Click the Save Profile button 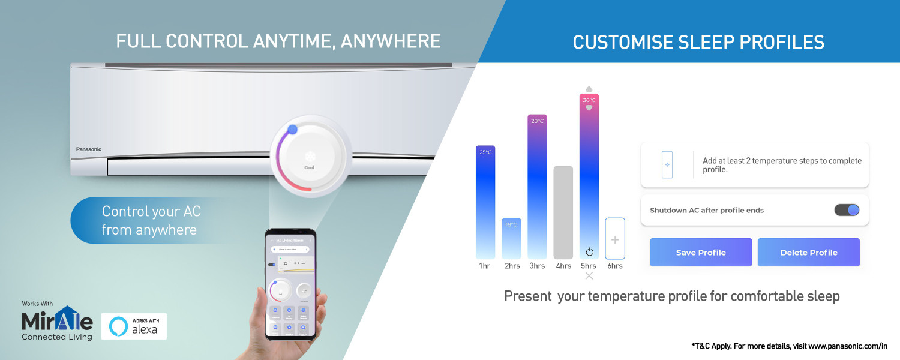pos(701,253)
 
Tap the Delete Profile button pos(808,253)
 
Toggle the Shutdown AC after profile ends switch pos(847,210)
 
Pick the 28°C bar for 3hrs pos(537,187)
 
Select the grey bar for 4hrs pos(563,212)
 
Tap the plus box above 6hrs pos(615,239)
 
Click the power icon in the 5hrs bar pos(589,251)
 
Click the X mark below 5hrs pos(589,276)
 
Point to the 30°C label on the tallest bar pos(589,100)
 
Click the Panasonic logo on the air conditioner pos(89,149)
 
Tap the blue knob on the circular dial pos(292,130)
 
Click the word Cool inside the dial pos(310,167)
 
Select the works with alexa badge pos(134,326)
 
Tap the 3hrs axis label pos(537,266)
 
